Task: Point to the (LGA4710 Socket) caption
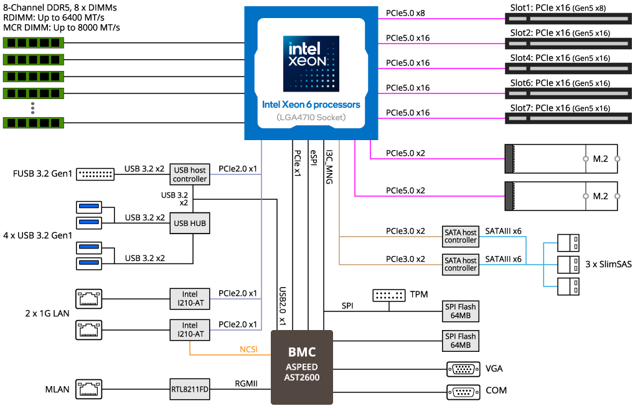tap(311, 117)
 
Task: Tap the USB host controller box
tap(190, 174)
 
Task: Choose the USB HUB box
tap(190, 223)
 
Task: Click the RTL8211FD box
tap(190, 390)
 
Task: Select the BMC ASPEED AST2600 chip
tap(302, 367)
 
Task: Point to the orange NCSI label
tap(248, 349)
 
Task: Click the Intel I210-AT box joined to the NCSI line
tap(190, 329)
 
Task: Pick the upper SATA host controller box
tap(461, 237)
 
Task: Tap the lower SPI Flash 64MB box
tap(461, 341)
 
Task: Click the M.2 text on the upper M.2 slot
tap(600, 159)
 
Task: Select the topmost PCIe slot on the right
tap(567, 19)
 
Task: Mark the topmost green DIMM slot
tap(34, 43)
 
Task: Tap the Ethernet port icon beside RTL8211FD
tap(88, 389)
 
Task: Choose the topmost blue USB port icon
tap(89, 207)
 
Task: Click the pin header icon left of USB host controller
tap(95, 174)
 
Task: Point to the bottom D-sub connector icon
tap(463, 392)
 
